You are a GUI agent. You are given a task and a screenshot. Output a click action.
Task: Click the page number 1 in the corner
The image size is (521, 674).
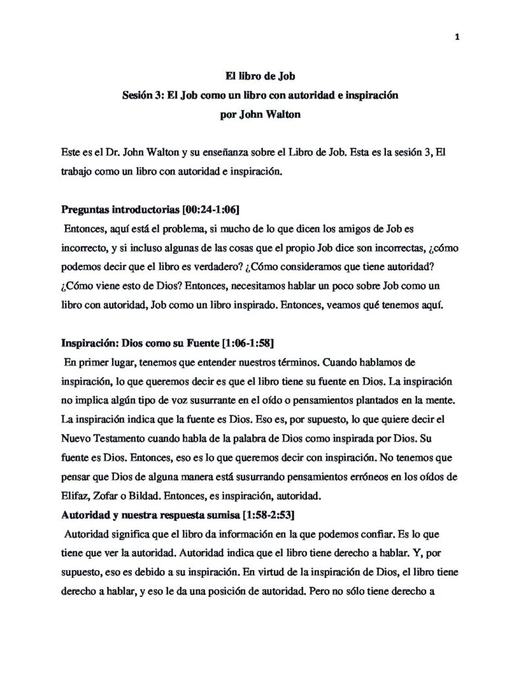tap(456, 37)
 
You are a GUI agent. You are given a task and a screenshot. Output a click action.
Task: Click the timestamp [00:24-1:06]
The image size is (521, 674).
tap(192, 210)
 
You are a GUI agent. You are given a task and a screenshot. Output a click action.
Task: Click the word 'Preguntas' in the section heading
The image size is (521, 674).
tap(86, 210)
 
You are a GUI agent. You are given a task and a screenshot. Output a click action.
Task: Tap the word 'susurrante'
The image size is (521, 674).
tap(215, 400)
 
